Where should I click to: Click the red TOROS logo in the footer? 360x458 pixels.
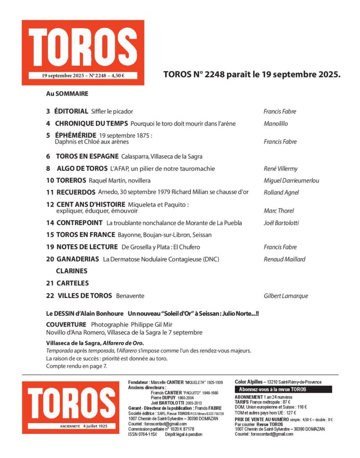(x=71, y=407)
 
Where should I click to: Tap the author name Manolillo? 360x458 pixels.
(x=275, y=123)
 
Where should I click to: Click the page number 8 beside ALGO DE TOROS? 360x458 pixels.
(x=48, y=169)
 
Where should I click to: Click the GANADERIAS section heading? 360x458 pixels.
(x=78, y=259)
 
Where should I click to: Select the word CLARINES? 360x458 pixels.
(x=72, y=271)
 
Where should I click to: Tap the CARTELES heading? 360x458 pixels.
(x=72, y=283)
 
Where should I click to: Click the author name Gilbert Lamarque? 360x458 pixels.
(x=286, y=296)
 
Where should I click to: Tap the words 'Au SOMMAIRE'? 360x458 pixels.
(x=67, y=94)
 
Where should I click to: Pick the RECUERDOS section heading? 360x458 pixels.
(x=76, y=192)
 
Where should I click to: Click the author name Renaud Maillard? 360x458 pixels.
(x=284, y=259)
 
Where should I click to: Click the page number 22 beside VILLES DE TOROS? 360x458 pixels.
(x=50, y=296)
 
